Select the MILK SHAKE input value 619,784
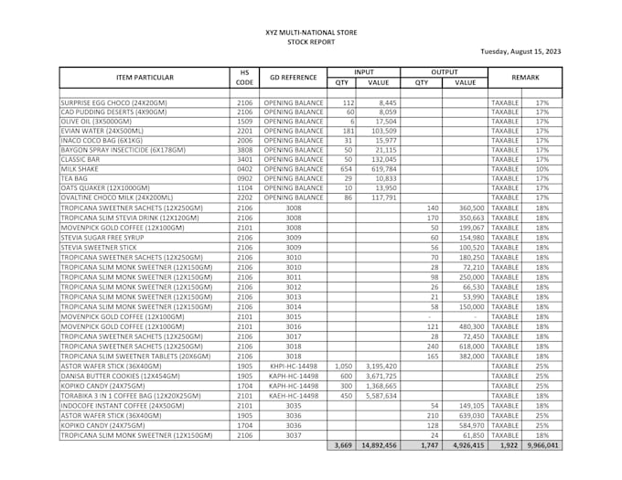point(383,169)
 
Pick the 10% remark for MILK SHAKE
point(542,169)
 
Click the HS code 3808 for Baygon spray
point(244,150)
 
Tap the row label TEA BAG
point(74,178)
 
